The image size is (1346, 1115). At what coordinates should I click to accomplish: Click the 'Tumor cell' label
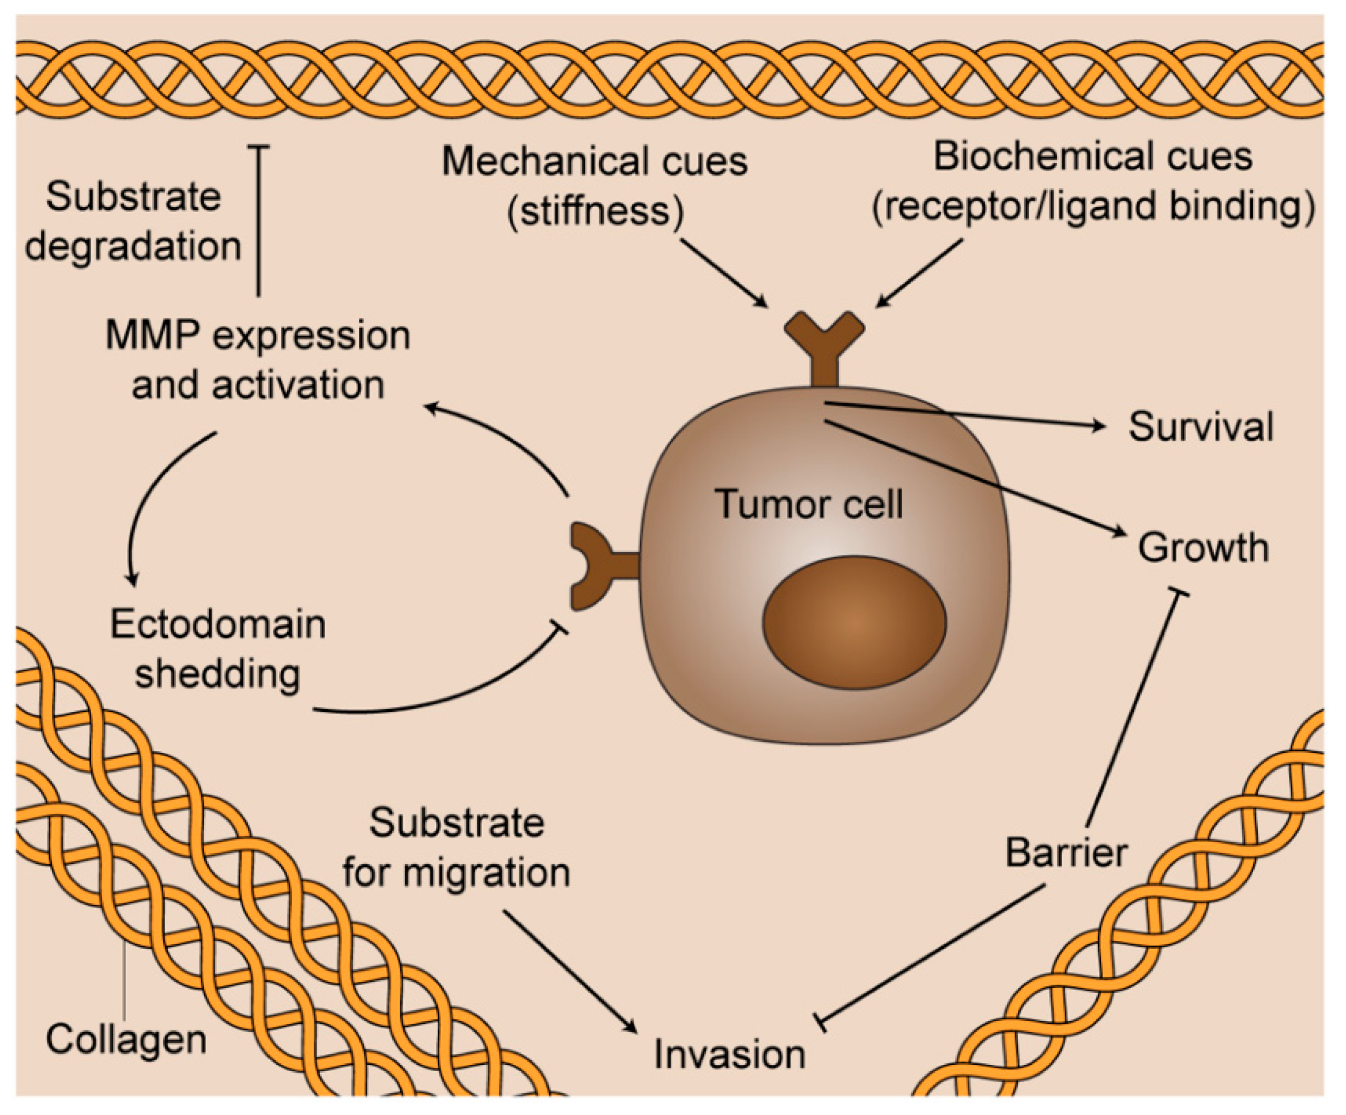(x=809, y=504)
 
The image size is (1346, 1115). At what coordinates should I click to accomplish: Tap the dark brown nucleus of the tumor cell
(x=854, y=622)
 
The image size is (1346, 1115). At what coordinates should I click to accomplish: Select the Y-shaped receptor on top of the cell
(x=824, y=347)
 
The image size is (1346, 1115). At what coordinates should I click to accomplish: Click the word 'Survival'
(x=1201, y=426)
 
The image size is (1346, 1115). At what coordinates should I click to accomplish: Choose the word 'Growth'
(x=1203, y=547)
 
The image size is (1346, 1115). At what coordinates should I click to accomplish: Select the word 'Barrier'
(x=1066, y=853)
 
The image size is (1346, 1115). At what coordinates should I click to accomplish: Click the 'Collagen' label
(x=126, y=1039)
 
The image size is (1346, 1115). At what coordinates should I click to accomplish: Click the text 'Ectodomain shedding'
(x=218, y=649)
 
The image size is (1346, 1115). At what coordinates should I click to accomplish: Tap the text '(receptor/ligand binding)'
(x=1093, y=207)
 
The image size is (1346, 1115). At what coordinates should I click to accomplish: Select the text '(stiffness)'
(x=595, y=211)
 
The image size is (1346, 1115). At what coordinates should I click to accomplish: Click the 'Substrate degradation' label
(x=133, y=221)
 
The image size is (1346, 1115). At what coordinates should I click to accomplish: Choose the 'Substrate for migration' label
(x=456, y=847)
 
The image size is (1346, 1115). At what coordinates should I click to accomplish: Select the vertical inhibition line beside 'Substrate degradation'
(x=258, y=221)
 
